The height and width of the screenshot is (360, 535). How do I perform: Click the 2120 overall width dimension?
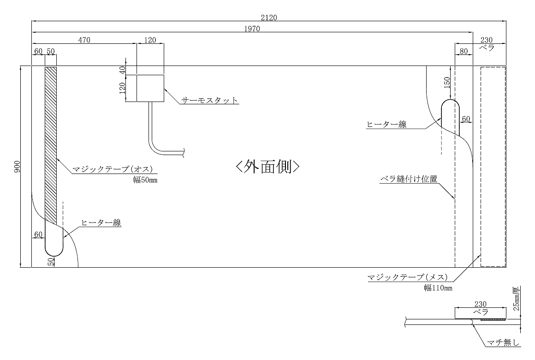pos(269,18)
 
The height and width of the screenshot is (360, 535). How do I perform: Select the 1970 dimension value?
pos(252,29)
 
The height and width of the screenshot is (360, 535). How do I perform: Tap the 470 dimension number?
pos(84,40)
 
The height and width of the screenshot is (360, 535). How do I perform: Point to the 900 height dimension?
pos(17,167)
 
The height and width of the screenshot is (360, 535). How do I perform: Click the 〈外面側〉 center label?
pos(268,166)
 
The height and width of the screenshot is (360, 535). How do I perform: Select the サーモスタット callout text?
pos(210,100)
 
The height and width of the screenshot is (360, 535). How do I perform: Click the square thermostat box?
pos(150,88)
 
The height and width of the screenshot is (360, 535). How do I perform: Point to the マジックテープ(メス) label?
pos(406,277)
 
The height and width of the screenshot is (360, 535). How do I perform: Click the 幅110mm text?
pos(438,288)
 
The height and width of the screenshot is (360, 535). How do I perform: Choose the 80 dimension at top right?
pos(464,51)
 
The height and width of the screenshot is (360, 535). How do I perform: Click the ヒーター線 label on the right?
pos(386,124)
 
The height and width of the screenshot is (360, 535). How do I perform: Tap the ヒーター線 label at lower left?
pos(101,223)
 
